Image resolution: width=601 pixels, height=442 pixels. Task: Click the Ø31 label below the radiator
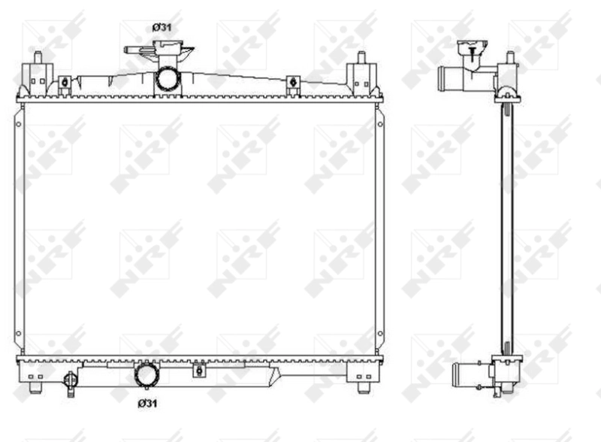(146, 404)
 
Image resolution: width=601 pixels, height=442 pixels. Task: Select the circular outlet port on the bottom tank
(146, 374)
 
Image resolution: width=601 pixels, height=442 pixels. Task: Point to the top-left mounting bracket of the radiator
(36, 74)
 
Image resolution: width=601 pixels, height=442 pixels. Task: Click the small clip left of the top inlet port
(65, 85)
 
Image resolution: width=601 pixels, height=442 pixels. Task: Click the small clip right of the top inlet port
(293, 85)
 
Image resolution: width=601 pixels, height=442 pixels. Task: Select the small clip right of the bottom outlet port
(198, 369)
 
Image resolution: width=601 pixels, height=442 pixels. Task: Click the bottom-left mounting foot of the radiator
(35, 387)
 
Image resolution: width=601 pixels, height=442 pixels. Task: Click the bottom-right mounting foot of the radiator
(363, 387)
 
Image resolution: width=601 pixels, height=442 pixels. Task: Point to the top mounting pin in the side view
(510, 59)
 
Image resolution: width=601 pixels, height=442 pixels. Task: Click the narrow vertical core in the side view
(506, 226)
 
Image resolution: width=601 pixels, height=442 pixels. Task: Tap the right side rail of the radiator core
(379, 226)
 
